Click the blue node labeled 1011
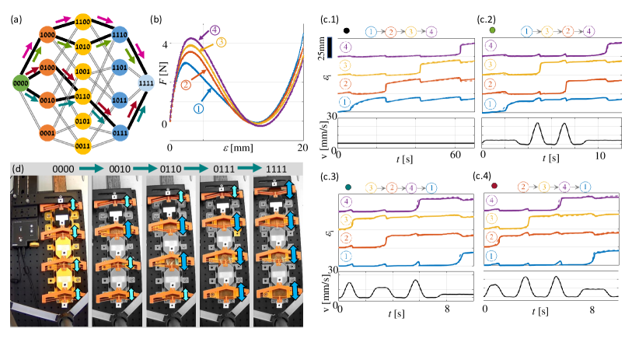click(x=119, y=100)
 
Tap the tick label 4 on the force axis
click(x=162, y=44)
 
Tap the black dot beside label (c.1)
click(x=345, y=32)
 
